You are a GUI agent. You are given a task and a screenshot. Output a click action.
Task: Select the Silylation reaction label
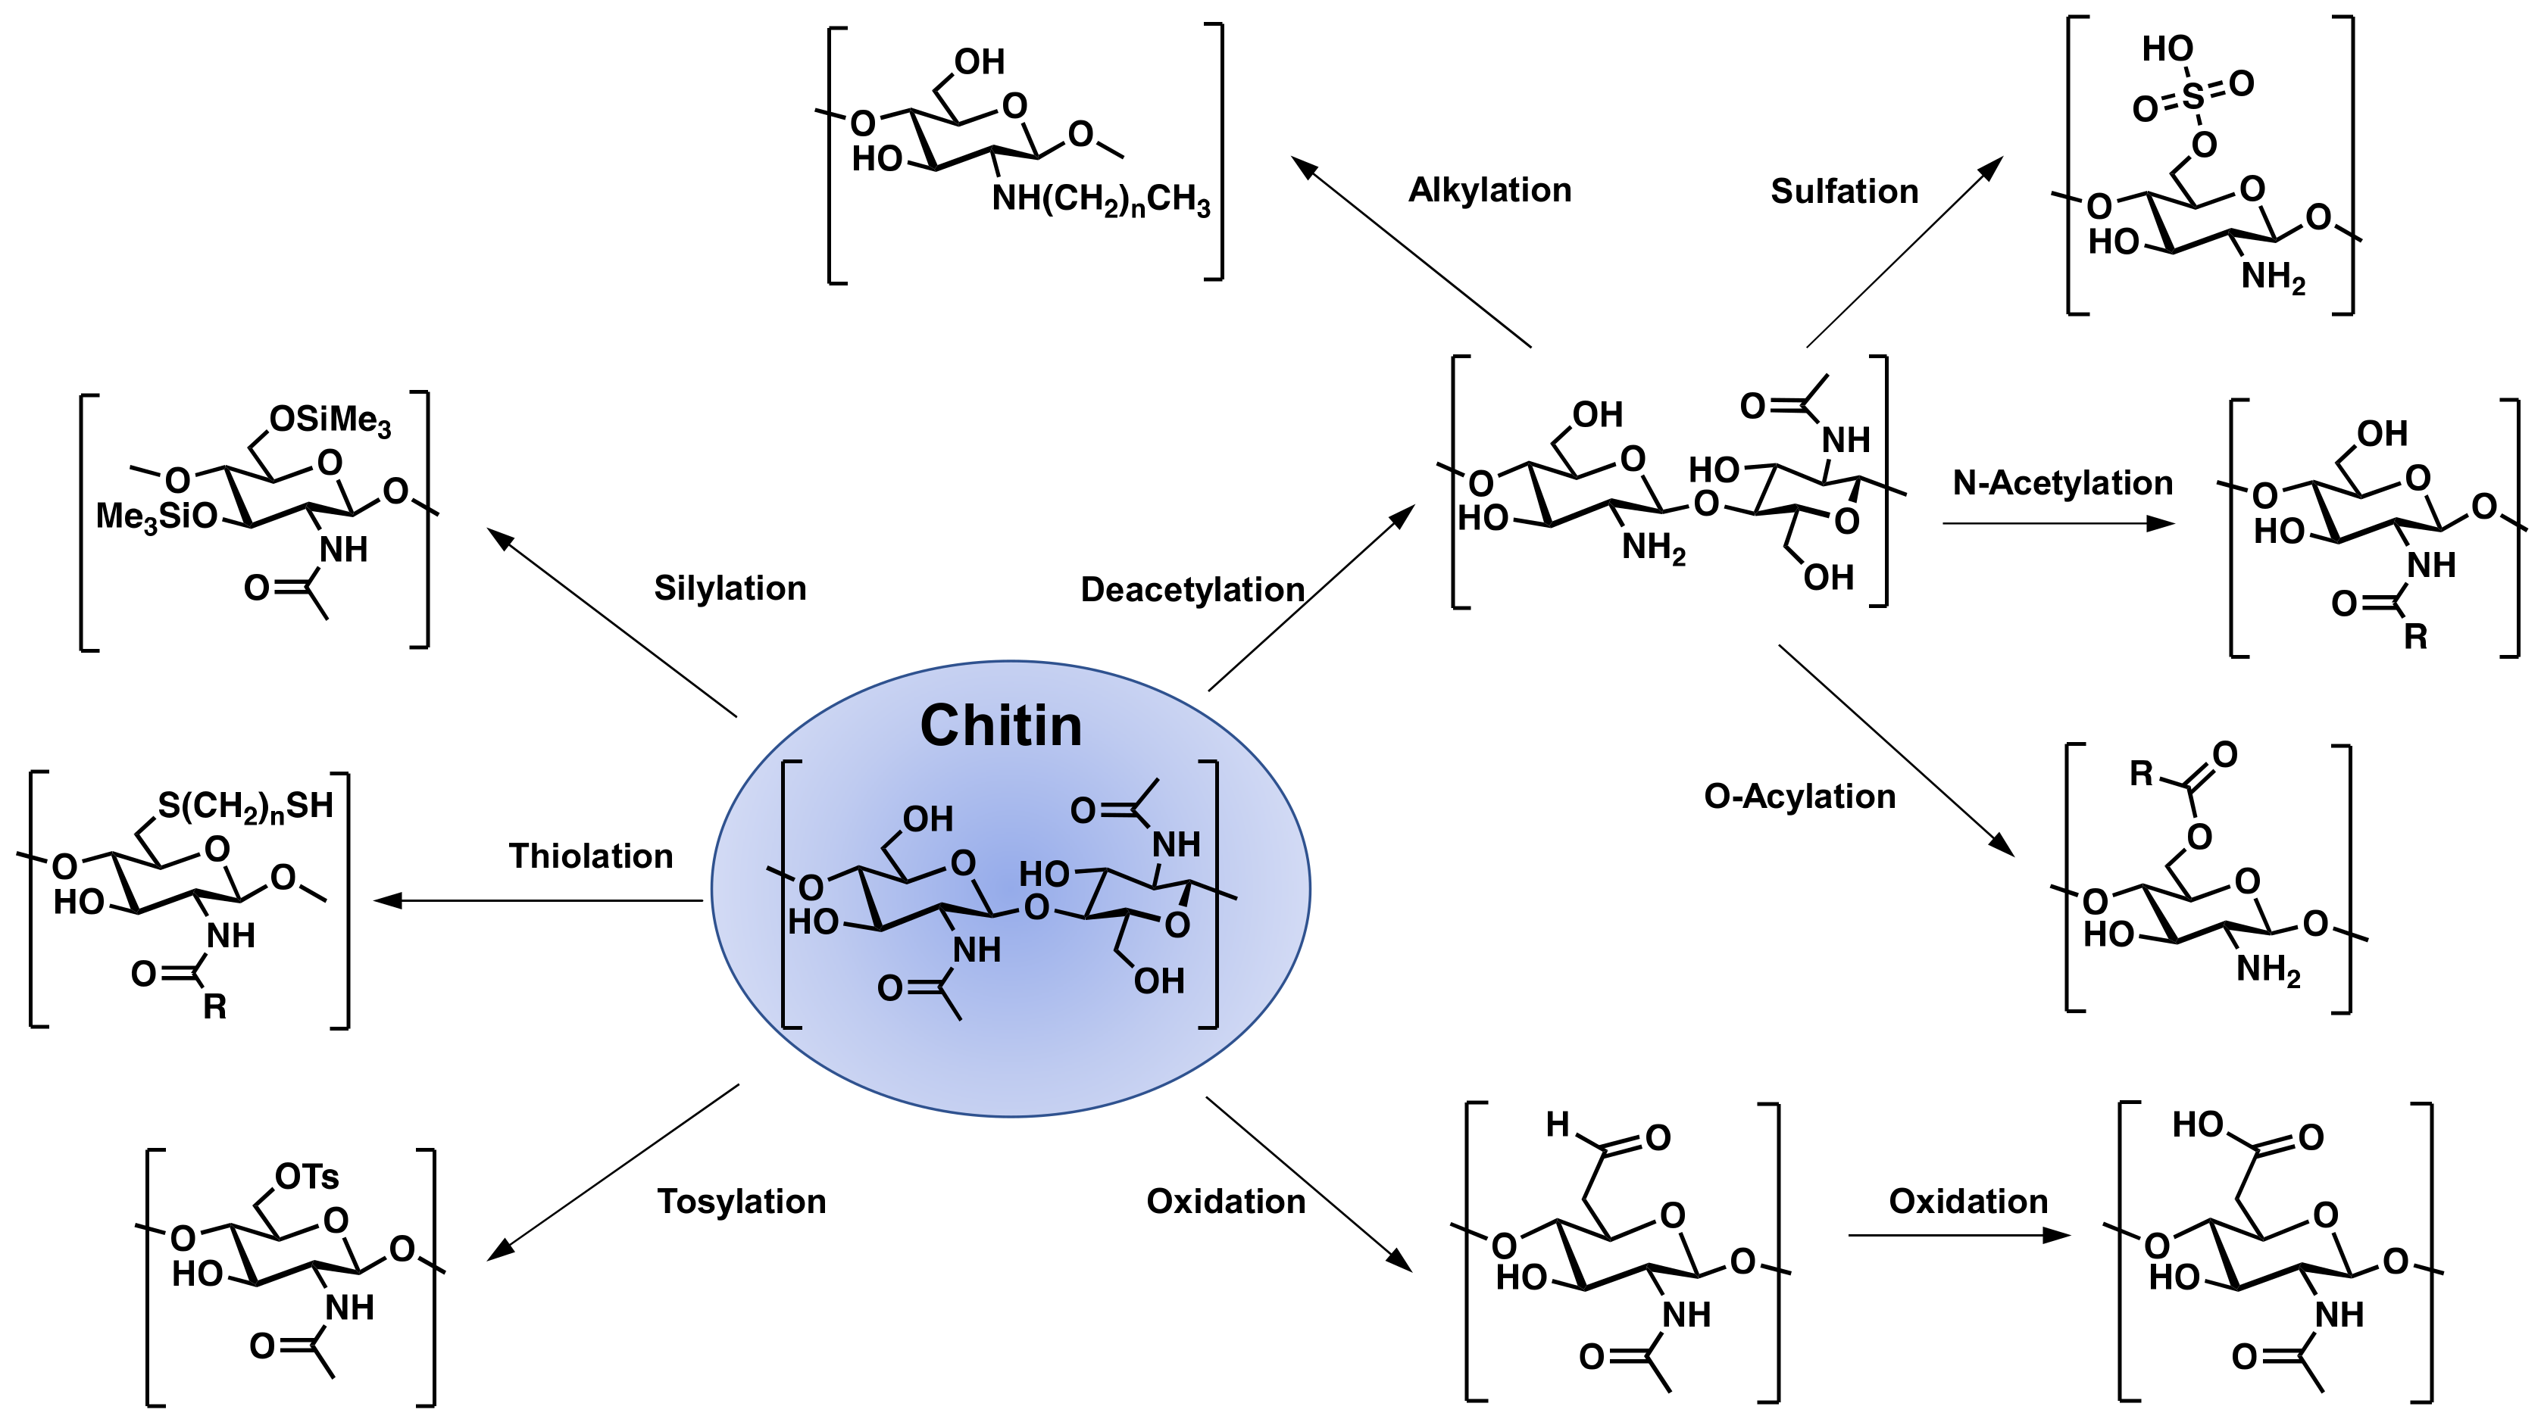(x=730, y=588)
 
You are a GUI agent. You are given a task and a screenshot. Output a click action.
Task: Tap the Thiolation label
(x=591, y=856)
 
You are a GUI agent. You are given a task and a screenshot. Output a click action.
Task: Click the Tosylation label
(x=742, y=1201)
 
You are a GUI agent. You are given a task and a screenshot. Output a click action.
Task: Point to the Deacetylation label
(x=1192, y=590)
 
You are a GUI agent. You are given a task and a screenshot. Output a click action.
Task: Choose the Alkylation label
(x=1489, y=190)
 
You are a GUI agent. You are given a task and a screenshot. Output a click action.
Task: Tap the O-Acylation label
(x=1799, y=797)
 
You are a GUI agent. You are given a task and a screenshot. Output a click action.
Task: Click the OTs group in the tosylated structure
(x=307, y=1177)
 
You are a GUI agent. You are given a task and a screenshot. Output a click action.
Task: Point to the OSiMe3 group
(x=330, y=421)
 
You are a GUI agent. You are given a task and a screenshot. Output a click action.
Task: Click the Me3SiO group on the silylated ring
(x=156, y=516)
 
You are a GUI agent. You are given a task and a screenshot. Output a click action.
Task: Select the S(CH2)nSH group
(x=245, y=806)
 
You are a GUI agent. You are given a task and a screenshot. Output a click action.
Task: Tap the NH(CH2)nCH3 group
(x=1100, y=200)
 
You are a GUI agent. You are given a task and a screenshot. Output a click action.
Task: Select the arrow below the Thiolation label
(x=538, y=900)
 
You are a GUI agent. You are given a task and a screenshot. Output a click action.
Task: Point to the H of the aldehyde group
(x=1558, y=1124)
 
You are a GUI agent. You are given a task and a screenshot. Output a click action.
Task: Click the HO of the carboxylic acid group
(x=2197, y=1124)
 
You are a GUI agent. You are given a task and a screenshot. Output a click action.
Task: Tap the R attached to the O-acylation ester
(x=2140, y=773)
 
